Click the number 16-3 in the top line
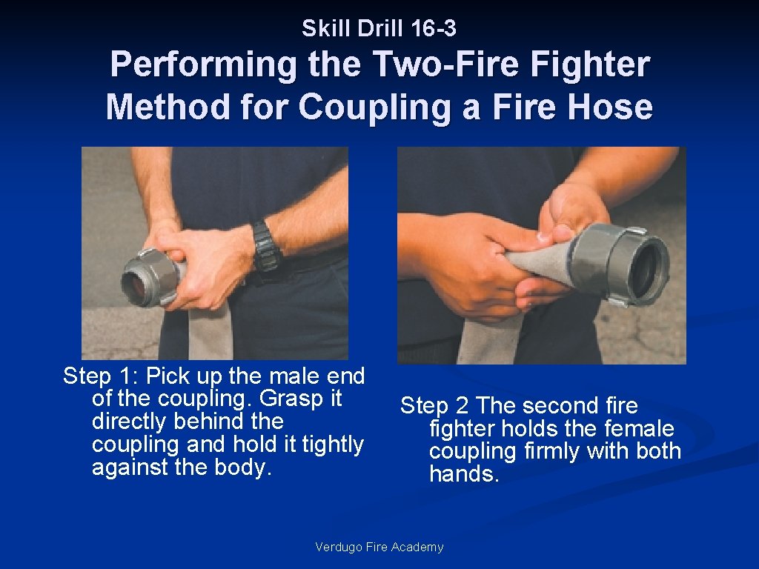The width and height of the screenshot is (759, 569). coord(433,29)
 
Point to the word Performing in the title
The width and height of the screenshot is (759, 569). coord(204,65)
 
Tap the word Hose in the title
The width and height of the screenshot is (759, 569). coord(611,107)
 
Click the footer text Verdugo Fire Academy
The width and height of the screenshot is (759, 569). coord(379,547)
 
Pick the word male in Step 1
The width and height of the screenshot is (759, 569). coord(294,376)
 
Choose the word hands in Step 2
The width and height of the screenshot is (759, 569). coord(464,473)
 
